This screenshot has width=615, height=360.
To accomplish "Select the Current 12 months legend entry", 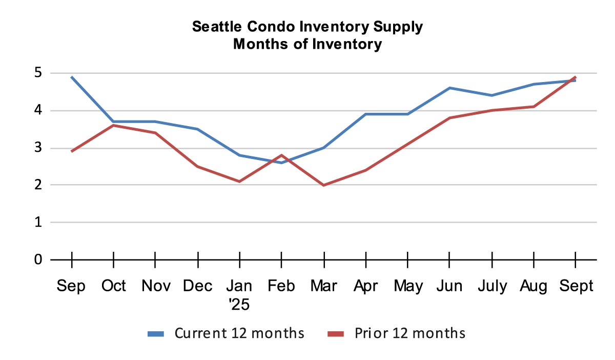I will pos(225,333).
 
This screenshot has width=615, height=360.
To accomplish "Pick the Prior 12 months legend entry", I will pos(396,333).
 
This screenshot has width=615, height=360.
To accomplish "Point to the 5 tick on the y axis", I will pos(38,73).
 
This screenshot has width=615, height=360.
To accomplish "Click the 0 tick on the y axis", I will pos(38,259).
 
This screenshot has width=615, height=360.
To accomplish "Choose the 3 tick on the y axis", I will pos(38,148).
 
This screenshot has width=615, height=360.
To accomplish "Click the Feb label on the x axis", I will pos(281,286).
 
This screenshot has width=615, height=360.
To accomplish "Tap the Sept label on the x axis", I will pos(576,286).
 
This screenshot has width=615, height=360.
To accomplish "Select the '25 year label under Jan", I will pos(239,304).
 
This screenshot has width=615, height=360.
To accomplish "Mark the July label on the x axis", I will pos(491,286).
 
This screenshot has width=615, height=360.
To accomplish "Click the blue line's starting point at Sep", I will pos(72,77).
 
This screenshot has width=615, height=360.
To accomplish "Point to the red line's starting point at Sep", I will pos(72,151).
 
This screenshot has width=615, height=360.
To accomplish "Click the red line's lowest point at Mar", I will pos(323,185).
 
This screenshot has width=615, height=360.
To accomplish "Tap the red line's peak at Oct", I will pos(114,125).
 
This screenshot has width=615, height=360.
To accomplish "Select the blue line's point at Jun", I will pos(449,88).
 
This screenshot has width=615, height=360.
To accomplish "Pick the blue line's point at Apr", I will pos(365,114).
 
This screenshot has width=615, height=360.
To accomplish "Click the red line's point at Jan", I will pos(239,182).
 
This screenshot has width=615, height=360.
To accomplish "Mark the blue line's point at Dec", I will pos(197,129).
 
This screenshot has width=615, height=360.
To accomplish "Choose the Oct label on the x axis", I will pos(114,286).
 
